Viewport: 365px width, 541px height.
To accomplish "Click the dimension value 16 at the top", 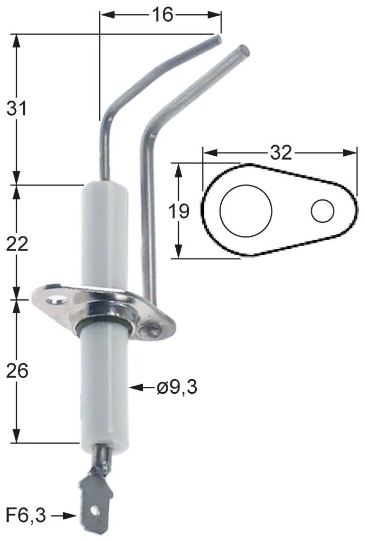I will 161,15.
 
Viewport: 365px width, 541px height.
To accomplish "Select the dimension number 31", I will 16,108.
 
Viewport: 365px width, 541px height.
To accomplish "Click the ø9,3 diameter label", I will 177,387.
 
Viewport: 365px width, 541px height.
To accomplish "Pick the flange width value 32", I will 281,153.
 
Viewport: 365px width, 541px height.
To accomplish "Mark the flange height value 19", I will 179,211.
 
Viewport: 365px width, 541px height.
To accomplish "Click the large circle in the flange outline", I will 245,210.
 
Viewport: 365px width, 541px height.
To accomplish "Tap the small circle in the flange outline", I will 323,210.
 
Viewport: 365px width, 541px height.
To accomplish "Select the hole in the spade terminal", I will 96,510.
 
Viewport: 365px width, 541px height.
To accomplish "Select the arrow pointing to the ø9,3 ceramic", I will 141,387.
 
